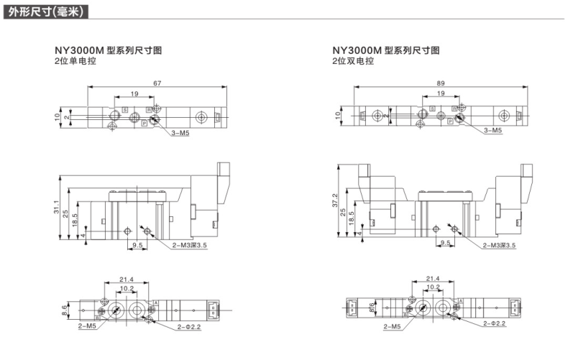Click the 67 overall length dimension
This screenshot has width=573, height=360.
coord(157,83)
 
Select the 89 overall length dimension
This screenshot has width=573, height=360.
coord(440,83)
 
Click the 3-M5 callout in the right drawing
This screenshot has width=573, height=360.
coord(492,131)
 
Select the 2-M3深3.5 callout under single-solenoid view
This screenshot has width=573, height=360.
coord(190,246)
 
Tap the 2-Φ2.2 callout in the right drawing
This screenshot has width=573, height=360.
coord(495,324)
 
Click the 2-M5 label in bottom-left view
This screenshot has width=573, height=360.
coord(88,326)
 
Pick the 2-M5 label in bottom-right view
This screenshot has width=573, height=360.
coord(393,326)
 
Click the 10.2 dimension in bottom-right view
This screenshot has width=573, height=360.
coord(434,287)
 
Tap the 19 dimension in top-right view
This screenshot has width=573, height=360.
coord(439,94)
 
